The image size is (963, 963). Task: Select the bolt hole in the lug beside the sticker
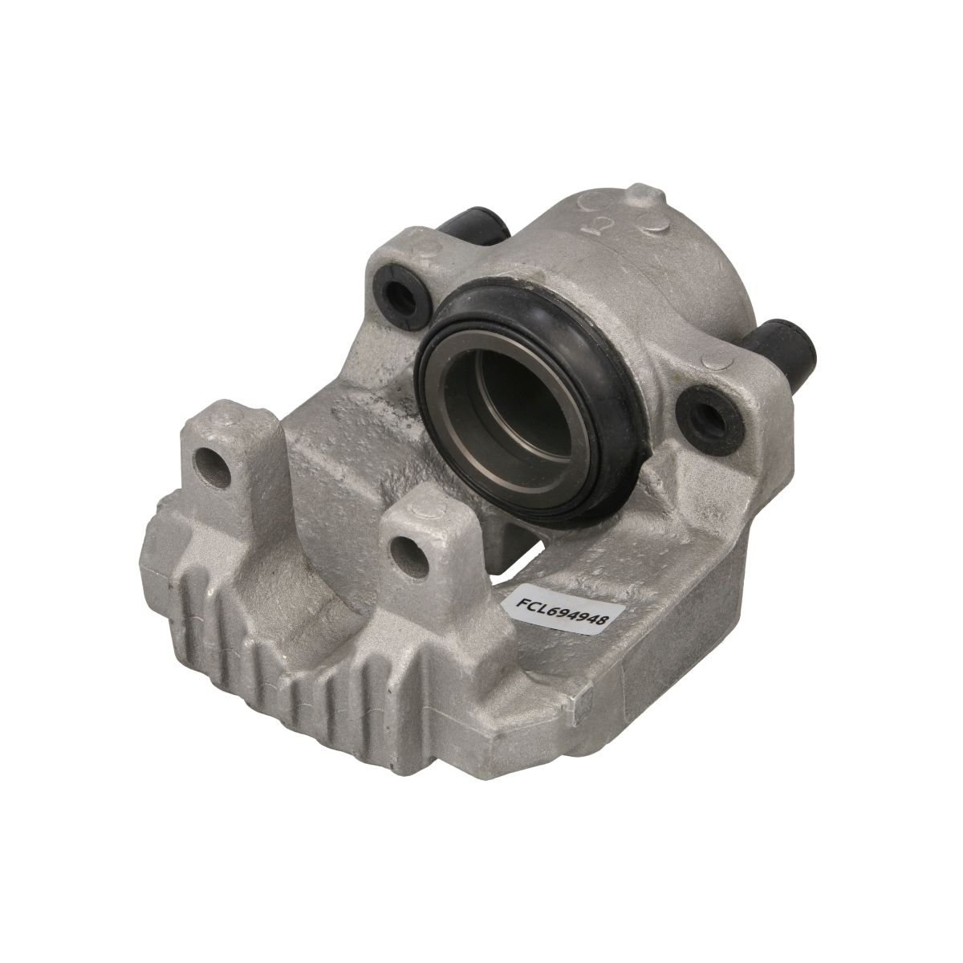tap(408, 556)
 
